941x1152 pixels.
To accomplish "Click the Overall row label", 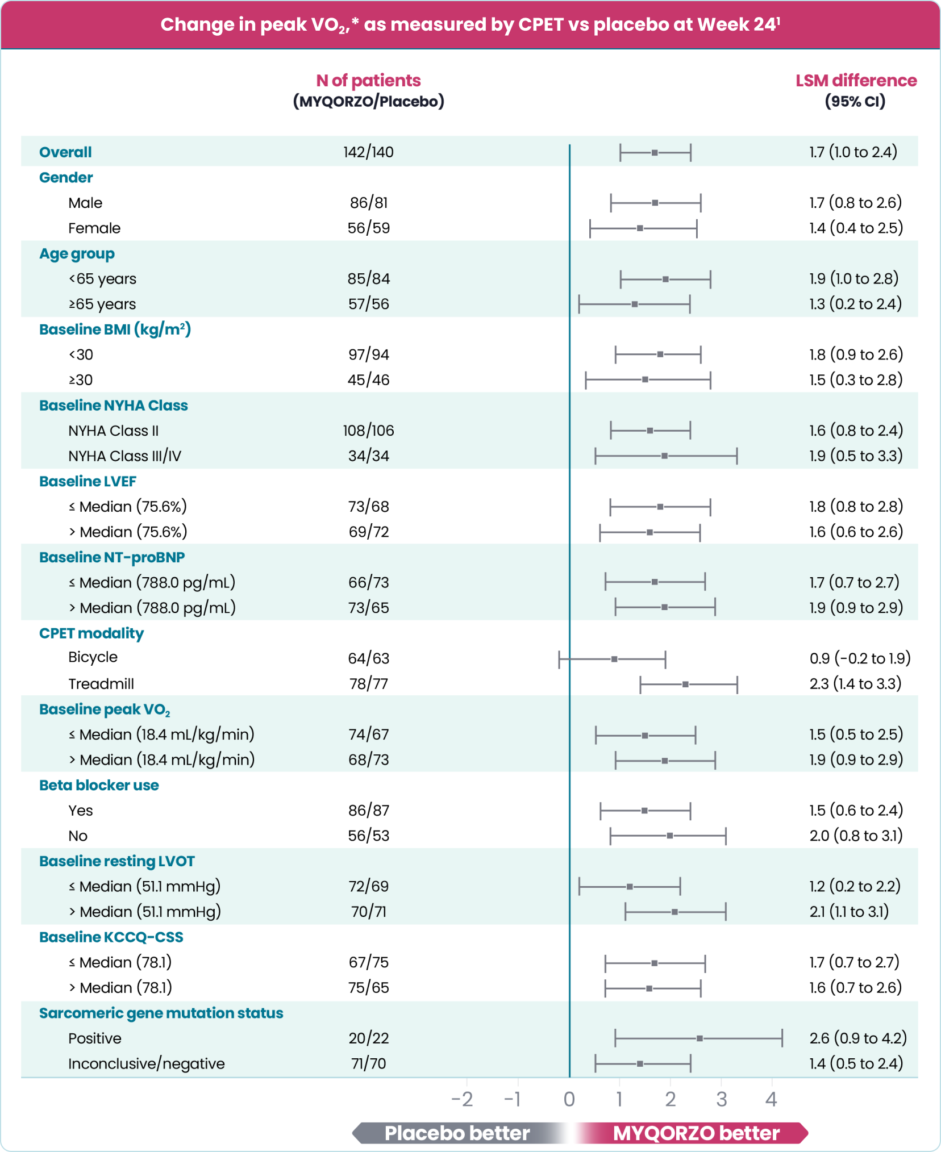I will click(65, 152).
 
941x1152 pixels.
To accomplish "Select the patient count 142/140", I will click(368, 152).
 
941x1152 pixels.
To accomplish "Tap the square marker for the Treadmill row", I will click(685, 684).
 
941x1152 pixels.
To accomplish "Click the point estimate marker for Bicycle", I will click(614, 659).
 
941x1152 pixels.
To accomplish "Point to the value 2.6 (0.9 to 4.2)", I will click(858, 1038).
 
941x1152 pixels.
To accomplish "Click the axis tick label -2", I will click(462, 1100).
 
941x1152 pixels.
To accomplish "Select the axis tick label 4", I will click(771, 1100).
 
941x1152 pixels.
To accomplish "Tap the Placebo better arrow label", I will click(457, 1133).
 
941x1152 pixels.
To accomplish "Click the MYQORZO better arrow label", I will click(696, 1133).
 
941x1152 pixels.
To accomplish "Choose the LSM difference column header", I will click(856, 81).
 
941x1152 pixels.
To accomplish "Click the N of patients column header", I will click(368, 81).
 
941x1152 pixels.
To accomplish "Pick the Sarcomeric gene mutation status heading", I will click(161, 1013).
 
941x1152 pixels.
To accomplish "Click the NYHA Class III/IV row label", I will click(124, 456).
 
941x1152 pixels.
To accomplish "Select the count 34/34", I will click(368, 456).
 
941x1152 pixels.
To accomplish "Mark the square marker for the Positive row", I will click(699, 1038).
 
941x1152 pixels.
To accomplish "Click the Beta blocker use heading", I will click(99, 785).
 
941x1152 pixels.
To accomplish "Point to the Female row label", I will click(94, 228).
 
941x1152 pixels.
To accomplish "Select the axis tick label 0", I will click(569, 1100).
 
